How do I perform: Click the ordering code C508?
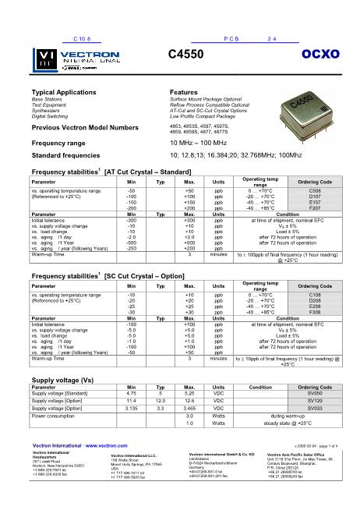[315, 190]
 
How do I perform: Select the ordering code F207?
[315, 208]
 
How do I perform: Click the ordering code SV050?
[315, 394]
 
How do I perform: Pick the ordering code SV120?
[315, 402]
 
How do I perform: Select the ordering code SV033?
[315, 410]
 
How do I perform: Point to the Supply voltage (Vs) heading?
[63, 380]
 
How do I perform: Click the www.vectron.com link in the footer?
[108, 445]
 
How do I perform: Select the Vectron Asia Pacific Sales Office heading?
[299, 453]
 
